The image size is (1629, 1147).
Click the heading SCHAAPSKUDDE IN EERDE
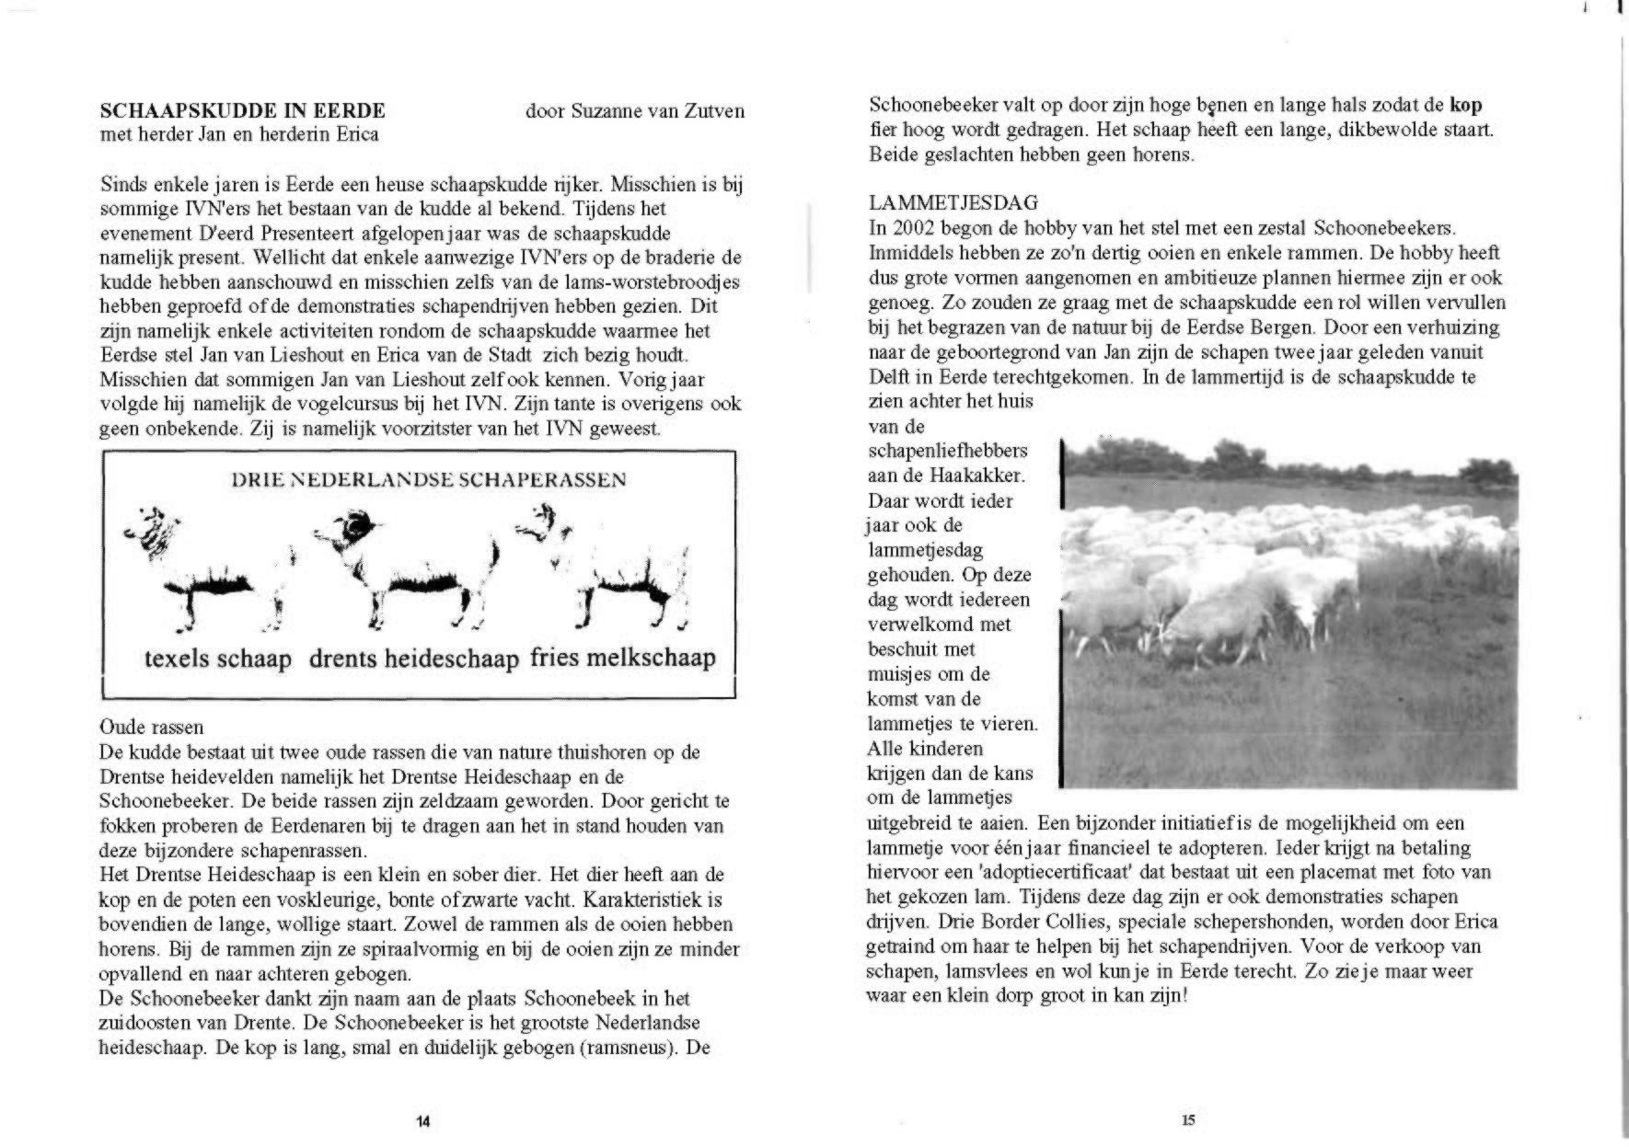[242, 111]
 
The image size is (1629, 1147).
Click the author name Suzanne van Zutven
[634, 111]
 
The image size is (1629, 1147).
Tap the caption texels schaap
[217, 659]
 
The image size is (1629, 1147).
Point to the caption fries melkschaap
[623, 658]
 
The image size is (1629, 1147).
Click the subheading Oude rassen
[151, 728]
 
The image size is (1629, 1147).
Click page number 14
[422, 1120]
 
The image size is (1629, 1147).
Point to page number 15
[1188, 1119]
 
